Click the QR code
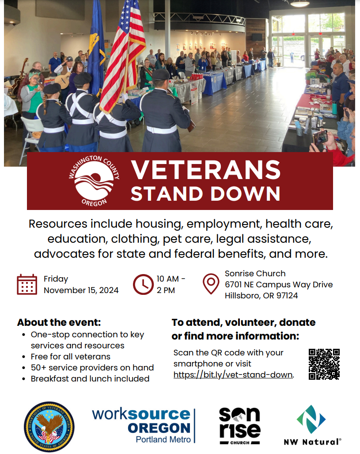coord(324,364)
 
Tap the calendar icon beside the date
coord(27,284)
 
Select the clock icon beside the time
coord(142,284)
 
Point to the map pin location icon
coord(211,284)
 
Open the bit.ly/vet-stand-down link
coord(233,375)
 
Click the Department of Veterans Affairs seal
coord(49,427)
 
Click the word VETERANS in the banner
coord(206,170)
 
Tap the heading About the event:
coord(59,322)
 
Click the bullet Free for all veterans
coord(71,356)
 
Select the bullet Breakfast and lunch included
coord(90,378)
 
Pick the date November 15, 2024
coord(81,290)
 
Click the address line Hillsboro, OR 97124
coord(261,295)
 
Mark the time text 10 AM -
coord(171,279)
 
